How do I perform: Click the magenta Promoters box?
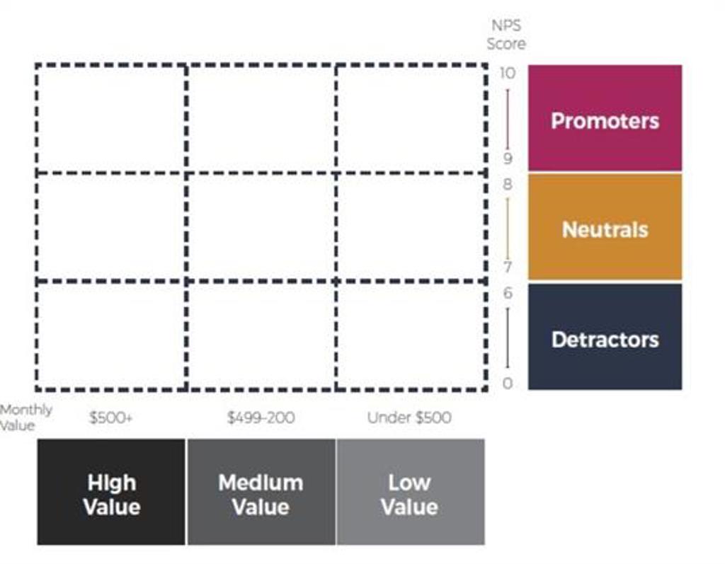point(605,118)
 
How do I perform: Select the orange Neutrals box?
point(605,227)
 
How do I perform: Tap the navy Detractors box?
point(605,338)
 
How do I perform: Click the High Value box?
point(111,493)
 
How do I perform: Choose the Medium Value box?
point(261,493)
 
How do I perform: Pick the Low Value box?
point(410,493)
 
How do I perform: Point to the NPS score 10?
point(507,73)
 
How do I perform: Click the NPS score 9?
point(507,159)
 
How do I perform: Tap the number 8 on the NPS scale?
point(507,184)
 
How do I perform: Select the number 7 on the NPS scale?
point(507,267)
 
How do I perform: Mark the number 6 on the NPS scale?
point(507,293)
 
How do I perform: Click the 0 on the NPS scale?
point(507,384)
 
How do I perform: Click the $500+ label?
point(110,418)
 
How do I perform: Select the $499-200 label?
point(261,418)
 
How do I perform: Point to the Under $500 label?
point(409,418)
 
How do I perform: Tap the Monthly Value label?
point(25,417)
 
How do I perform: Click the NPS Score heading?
point(506,35)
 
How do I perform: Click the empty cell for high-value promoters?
point(111,118)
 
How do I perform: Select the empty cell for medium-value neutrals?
point(261,227)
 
